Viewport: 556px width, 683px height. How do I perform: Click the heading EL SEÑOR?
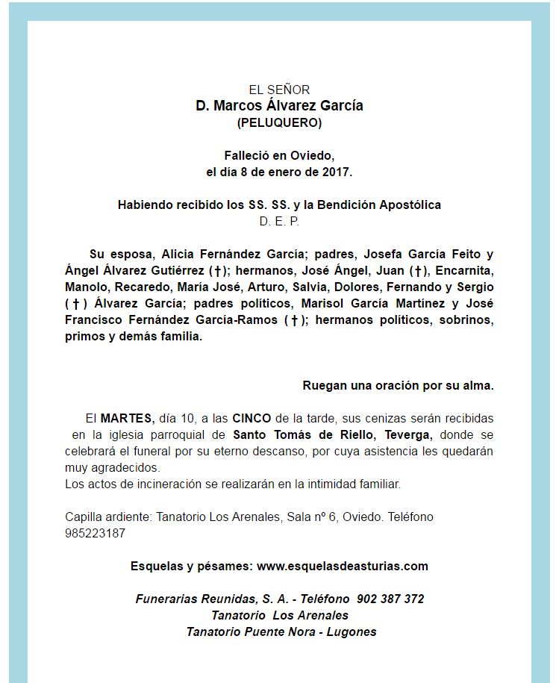279,90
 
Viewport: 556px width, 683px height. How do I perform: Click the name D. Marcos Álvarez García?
279,106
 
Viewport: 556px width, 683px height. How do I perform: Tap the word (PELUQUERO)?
279,122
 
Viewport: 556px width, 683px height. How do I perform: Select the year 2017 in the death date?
337,172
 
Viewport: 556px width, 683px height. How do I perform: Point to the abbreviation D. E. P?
279,221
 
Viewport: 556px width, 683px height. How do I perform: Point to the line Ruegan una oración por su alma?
398,386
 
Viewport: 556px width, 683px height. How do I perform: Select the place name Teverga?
409,434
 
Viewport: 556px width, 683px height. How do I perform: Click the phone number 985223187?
95,534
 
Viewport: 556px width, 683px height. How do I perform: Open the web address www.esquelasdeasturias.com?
343,566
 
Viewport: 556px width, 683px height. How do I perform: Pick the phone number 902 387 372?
390,599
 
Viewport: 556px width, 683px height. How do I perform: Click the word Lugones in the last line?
352,631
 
